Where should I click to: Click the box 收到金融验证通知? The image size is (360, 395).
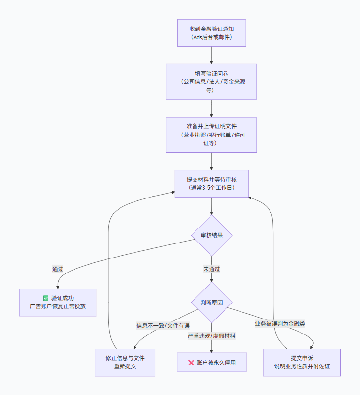pyautogui.click(x=211, y=33)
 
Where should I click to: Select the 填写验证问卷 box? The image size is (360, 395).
pyautogui.click(x=211, y=82)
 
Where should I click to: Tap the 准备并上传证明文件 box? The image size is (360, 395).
pyautogui.click(x=211, y=135)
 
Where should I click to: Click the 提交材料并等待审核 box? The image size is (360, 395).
pyautogui.click(x=211, y=183)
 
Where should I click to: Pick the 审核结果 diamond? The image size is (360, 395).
pyautogui.click(x=211, y=236)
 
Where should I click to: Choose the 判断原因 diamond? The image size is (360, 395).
pyautogui.click(x=211, y=303)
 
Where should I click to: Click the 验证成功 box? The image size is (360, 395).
pyautogui.click(x=58, y=303)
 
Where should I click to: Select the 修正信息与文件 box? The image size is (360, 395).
pyautogui.click(x=125, y=362)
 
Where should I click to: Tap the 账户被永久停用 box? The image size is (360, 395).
pyautogui.click(x=211, y=362)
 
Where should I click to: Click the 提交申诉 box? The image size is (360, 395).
pyautogui.click(x=301, y=362)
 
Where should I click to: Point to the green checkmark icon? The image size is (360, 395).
pyautogui.click(x=45, y=298)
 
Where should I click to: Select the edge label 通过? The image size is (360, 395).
pyautogui.click(x=58, y=269)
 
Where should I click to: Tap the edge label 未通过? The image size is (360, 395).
pyautogui.click(x=211, y=269)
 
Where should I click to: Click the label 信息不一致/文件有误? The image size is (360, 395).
pyautogui.click(x=163, y=325)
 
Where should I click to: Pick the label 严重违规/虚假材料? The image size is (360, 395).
pyautogui.click(x=211, y=335)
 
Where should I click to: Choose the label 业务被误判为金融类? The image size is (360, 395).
pyautogui.click(x=280, y=323)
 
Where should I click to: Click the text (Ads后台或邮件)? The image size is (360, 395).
pyautogui.click(x=211, y=37)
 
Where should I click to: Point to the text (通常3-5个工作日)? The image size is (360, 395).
pyautogui.click(x=211, y=188)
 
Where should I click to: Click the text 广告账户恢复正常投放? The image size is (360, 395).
pyautogui.click(x=58, y=307)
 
